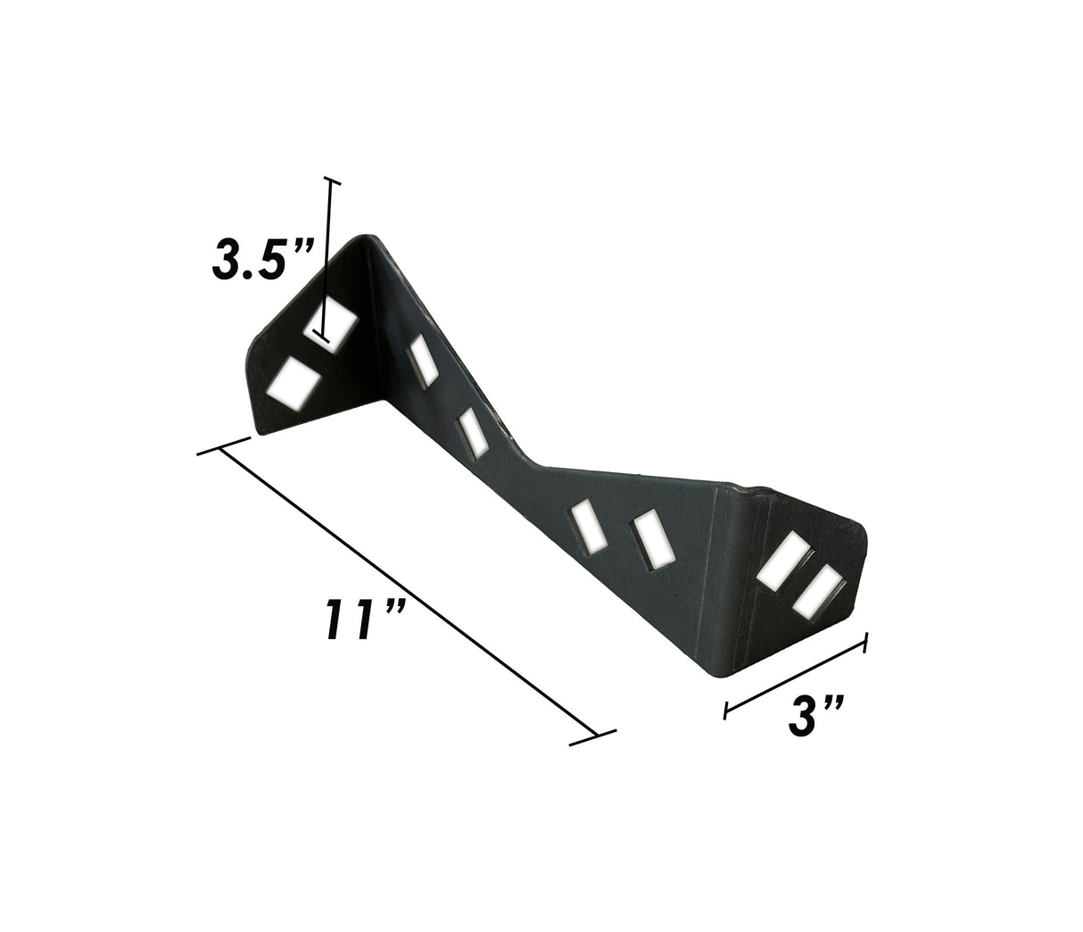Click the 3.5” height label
click(x=260, y=260)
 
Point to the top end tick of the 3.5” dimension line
click(x=333, y=181)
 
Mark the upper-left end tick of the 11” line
click(x=222, y=446)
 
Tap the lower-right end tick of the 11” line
click(x=593, y=737)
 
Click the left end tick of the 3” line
click(x=727, y=710)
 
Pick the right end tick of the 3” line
click(x=865, y=644)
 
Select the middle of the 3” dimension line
click(x=796, y=677)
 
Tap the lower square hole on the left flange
click(x=293, y=384)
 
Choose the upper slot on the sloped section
click(x=422, y=361)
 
